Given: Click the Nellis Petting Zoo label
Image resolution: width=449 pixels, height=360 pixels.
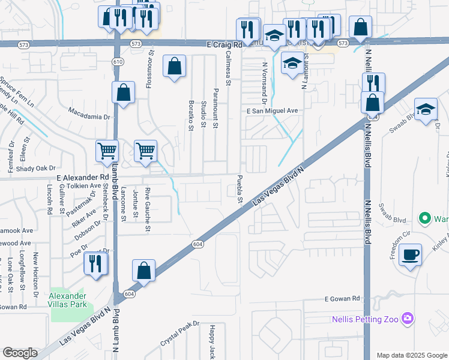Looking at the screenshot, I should (365, 319).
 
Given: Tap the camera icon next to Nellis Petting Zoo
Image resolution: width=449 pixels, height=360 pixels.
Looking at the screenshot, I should (408, 317).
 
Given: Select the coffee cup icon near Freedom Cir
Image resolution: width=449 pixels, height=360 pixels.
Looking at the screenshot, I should (411, 254).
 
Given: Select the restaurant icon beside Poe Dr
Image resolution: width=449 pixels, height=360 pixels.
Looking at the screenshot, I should (95, 263).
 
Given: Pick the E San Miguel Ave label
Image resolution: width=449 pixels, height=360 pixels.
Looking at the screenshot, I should (272, 111).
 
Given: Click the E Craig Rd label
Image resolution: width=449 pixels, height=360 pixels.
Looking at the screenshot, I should (223, 44).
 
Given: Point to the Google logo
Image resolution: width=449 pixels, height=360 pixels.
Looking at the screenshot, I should (20, 353).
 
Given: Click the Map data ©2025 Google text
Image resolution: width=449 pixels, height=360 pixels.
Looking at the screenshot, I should (412, 355).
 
